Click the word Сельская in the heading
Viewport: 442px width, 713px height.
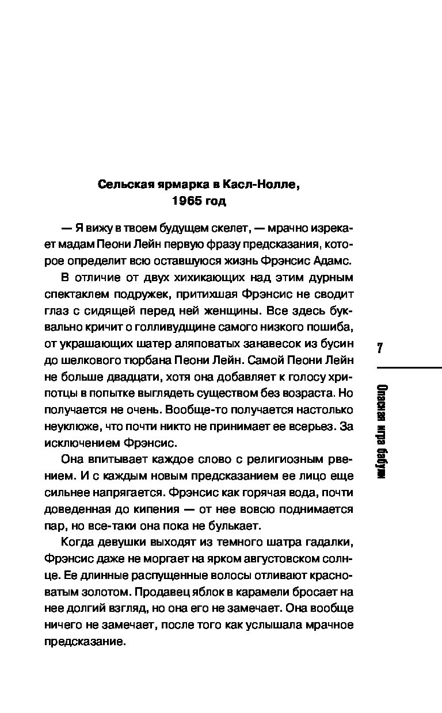(x=122, y=185)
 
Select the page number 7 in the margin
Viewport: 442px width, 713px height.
(x=380, y=348)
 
